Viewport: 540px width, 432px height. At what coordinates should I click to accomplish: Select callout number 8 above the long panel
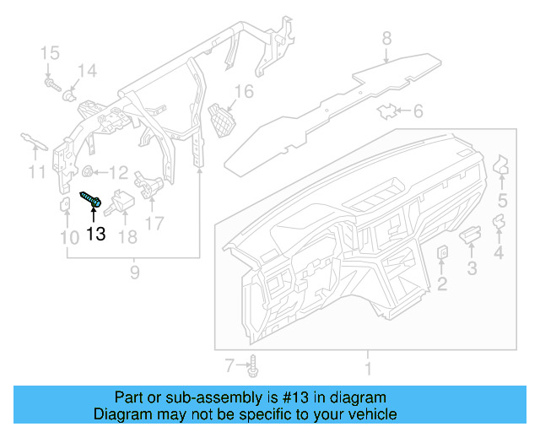[x=386, y=38]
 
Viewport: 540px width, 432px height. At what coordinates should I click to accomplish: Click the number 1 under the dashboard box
[x=367, y=369]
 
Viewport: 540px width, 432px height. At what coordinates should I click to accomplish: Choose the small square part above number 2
[x=442, y=253]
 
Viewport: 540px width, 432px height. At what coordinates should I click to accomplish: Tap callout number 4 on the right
[x=499, y=253]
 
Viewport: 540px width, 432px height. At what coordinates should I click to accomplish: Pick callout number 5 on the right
[x=502, y=201]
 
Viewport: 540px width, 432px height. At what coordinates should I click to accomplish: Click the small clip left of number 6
[x=389, y=111]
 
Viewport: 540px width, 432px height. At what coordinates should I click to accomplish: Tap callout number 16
[x=244, y=91]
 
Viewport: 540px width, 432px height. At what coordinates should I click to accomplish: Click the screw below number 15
[x=52, y=84]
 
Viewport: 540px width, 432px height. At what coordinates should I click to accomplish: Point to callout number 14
[x=88, y=70]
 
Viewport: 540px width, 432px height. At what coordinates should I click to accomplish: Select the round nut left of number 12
[x=87, y=173]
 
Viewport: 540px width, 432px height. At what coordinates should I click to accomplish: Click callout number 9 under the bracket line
[x=133, y=272]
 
